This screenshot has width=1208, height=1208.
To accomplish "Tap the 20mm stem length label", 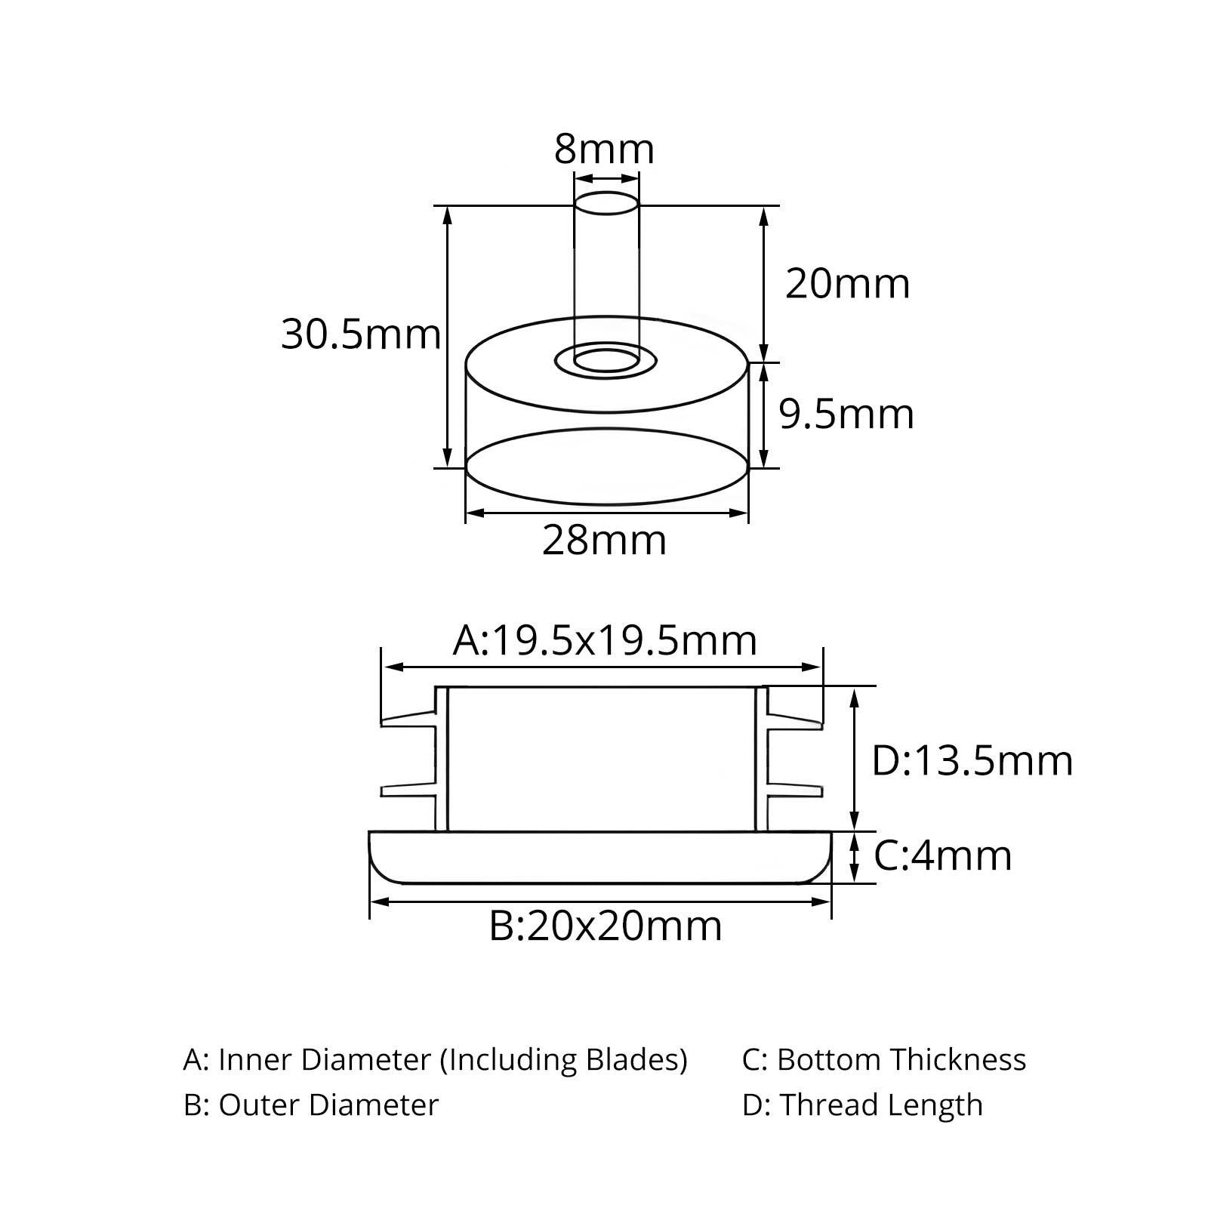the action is (848, 284).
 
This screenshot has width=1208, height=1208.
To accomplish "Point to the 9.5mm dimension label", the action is (846, 414).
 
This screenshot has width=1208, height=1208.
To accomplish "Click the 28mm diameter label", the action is (604, 541).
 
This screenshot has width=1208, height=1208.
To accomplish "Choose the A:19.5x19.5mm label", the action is (605, 641).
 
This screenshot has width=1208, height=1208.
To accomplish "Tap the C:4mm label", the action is (943, 855).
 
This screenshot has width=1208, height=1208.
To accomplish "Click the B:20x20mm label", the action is (606, 926).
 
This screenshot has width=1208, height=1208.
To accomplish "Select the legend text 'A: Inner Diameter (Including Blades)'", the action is (436, 1060).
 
